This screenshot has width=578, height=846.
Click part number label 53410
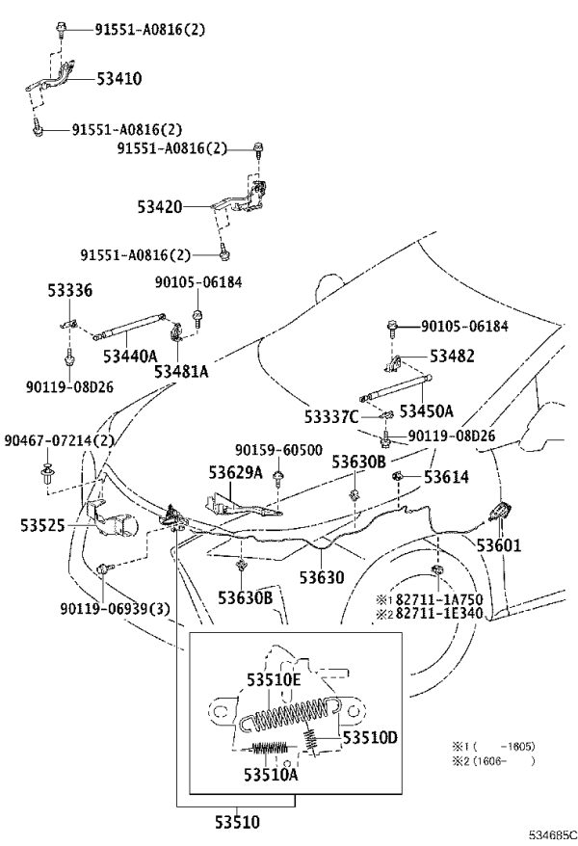point(119,79)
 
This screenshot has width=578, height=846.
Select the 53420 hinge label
point(160,206)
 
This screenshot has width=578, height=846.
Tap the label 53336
point(69,290)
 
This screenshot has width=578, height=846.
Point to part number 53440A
point(130,357)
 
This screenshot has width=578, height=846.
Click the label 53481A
point(181,371)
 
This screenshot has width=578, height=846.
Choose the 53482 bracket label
point(452,357)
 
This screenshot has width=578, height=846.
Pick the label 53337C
point(331,416)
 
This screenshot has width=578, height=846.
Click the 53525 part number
point(42,525)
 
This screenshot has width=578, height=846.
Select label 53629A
point(236,473)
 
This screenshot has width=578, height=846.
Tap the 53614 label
point(446,477)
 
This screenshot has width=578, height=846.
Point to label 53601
point(499,545)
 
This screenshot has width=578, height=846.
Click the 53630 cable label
point(322,577)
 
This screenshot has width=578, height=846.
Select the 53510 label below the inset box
point(237,822)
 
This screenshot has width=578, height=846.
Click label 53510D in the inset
point(370,737)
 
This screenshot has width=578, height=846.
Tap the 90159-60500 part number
point(278,450)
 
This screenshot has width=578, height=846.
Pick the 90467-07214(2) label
point(60,440)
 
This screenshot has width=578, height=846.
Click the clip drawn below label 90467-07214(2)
point(46,473)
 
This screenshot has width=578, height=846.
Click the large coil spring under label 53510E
point(290,714)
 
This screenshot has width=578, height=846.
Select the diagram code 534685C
point(552,834)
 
